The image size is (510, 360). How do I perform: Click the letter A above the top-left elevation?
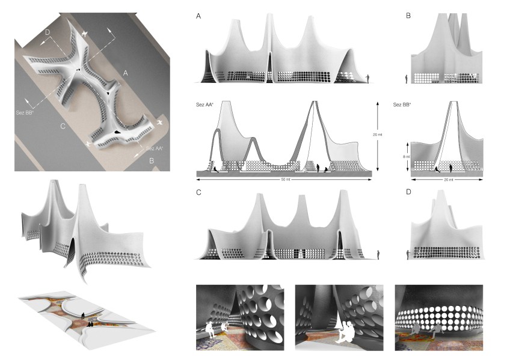198,16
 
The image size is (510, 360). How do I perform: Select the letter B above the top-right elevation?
408,16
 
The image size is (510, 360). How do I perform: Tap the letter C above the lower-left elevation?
198,192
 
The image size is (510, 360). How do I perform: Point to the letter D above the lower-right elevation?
408,192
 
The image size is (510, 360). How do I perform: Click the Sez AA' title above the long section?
204,105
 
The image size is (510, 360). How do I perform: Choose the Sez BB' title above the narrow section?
402,105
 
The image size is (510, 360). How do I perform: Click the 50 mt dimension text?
285,180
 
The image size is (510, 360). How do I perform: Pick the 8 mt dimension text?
407,157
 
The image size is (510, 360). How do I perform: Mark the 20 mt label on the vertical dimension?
378,134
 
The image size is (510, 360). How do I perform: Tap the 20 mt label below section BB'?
449,180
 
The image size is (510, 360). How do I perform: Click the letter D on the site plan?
48,32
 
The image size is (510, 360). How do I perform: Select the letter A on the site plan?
125,73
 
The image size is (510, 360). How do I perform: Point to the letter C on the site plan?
63,126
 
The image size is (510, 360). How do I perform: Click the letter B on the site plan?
152,160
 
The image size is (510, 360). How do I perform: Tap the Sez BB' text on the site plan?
25,113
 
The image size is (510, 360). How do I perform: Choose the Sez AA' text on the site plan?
155,148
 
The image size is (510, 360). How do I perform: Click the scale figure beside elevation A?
368,79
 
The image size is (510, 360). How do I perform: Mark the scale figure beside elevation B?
407,79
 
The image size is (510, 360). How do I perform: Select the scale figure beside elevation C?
378,255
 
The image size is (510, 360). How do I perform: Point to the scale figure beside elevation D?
408,255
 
